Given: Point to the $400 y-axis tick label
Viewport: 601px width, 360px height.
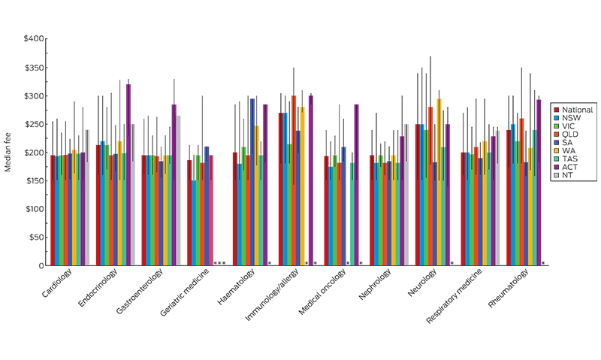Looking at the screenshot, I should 34,39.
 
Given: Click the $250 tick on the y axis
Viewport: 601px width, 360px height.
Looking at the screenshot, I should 34,124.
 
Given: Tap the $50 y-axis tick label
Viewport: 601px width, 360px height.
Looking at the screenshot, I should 35,237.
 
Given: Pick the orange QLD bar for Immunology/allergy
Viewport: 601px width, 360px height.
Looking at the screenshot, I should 294,180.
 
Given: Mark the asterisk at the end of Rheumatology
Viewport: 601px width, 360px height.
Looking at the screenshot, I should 543,263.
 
